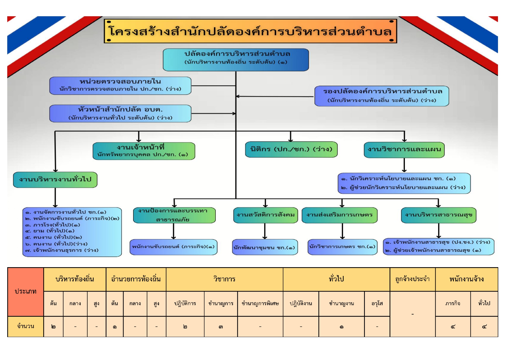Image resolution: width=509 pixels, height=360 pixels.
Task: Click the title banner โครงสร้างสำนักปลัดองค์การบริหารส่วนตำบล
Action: coord(250,31)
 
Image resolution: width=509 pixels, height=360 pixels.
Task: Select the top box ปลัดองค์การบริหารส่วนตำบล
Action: coord(236,60)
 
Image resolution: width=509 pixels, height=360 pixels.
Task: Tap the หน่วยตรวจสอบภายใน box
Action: coord(120,86)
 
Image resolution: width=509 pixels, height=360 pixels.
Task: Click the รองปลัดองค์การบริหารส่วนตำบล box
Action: coord(382,96)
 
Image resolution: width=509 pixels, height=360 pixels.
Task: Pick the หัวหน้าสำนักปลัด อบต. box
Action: coord(120,113)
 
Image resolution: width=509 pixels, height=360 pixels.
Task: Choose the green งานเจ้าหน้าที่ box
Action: coord(144,151)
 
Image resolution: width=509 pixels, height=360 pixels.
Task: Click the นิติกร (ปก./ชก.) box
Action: coord(291,149)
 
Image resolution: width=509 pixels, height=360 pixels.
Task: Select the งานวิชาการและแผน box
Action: coord(404,150)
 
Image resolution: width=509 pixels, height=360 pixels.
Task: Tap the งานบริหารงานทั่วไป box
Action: coord(55,180)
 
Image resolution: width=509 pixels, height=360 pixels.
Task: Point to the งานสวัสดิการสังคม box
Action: coord(265,215)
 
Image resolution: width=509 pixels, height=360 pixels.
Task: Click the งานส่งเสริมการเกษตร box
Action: coord(339,215)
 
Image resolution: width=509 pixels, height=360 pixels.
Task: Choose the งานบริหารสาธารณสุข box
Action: coord(439,215)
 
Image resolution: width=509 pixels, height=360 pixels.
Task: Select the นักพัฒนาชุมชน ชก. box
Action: coord(265,247)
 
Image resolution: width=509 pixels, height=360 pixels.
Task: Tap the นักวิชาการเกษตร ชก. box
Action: coord(343,247)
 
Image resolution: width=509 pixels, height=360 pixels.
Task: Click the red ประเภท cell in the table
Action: coord(26,292)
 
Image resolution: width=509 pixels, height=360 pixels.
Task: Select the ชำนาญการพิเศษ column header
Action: coord(260,303)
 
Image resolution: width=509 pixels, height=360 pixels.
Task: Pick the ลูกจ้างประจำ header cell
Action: coord(412,279)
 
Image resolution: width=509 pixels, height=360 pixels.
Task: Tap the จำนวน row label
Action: coord(26,326)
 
